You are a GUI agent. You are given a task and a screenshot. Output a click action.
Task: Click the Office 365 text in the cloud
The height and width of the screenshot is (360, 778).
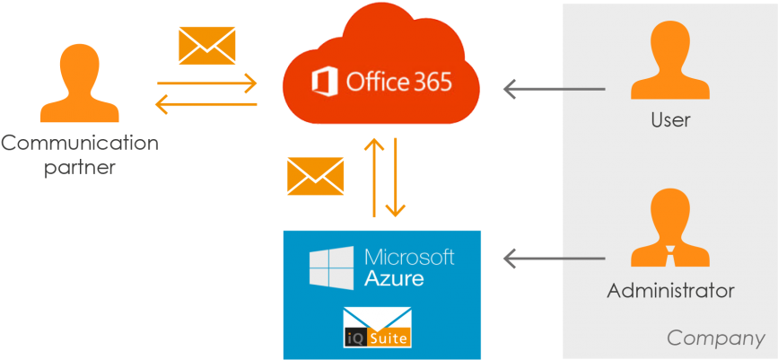tap(398, 83)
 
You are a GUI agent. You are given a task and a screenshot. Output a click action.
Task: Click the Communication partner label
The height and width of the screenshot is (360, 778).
tap(80, 154)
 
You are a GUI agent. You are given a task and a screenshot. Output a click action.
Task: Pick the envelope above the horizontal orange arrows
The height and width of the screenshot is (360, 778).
tap(206, 46)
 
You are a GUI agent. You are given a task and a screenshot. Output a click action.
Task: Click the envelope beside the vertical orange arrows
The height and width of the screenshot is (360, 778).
tap(315, 175)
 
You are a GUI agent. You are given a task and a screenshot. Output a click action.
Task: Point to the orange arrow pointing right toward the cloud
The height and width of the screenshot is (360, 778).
tap(207, 85)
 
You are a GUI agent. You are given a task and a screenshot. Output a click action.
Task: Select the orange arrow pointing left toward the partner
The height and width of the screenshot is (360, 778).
tap(205, 105)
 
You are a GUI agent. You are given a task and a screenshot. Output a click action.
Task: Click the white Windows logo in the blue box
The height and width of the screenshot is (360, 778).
tap(331, 268)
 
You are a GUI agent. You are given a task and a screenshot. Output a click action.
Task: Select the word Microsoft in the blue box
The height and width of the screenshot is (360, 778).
tap(409, 258)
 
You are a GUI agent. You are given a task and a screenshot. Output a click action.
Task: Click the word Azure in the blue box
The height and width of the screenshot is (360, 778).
tap(394, 278)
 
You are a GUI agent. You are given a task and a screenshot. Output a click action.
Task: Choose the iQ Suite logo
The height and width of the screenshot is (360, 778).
tap(377, 328)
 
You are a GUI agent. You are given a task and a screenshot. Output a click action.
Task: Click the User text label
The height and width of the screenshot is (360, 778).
tap(670, 119)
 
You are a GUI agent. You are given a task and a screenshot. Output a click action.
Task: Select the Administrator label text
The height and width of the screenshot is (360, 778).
tap(670, 291)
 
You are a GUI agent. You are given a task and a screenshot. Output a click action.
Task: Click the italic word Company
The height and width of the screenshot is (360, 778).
tap(715, 338)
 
